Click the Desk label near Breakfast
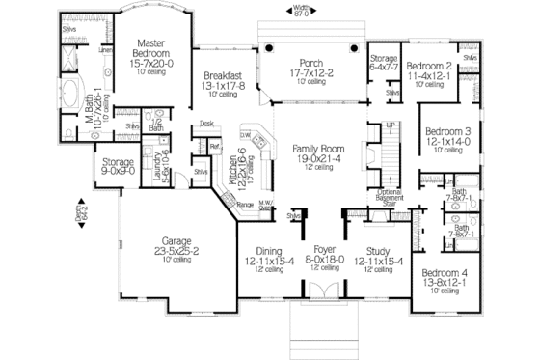pyautogui.click(x=206, y=124)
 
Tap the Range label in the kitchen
pyautogui.click(x=245, y=205)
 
